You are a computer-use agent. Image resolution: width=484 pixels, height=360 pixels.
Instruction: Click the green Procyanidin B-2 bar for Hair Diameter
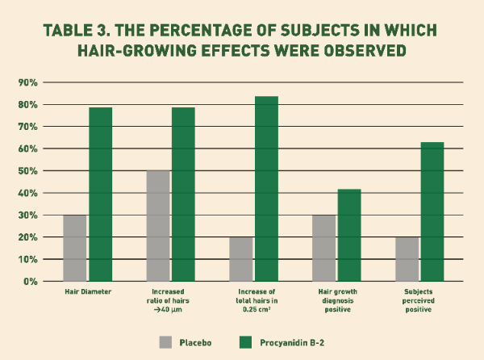100,194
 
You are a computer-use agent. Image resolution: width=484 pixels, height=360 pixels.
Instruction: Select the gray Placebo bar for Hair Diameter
75,248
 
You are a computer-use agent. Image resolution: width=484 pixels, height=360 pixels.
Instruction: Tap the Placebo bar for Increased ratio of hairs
158,226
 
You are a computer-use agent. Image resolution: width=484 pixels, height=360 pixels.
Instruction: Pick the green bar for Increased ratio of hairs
183,194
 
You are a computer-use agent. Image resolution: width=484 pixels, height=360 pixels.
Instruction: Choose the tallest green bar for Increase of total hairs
266,189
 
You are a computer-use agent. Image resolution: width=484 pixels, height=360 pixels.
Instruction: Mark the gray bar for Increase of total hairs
241,259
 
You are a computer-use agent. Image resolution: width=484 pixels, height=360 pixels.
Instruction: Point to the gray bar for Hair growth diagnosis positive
324,248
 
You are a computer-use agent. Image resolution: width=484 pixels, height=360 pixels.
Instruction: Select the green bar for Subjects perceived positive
432,211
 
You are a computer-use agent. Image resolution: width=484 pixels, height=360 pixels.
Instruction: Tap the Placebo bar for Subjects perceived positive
407,259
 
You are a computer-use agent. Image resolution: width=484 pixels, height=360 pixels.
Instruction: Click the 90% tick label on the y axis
27,82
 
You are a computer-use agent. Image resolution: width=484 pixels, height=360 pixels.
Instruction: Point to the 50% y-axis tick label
27,171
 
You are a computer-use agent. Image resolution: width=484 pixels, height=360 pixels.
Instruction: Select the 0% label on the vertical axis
30,282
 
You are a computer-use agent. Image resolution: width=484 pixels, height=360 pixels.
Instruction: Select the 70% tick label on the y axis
27,127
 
